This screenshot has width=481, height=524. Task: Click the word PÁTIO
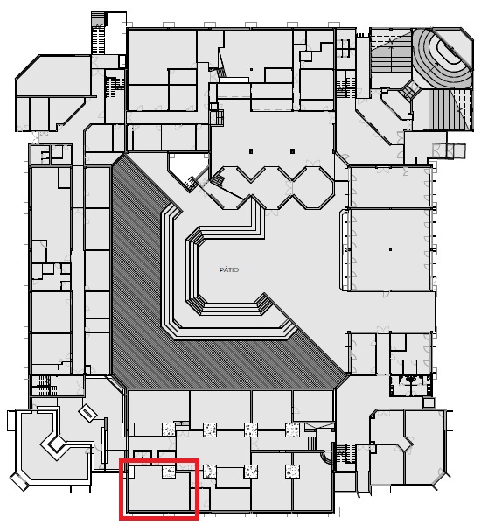(229, 269)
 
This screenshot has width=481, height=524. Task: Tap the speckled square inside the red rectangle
(169, 472)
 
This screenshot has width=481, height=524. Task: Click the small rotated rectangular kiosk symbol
(87, 414)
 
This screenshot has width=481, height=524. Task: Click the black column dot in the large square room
(390, 249)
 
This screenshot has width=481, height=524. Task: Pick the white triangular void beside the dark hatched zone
(185, 167)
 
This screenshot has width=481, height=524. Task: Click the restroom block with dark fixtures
(410, 386)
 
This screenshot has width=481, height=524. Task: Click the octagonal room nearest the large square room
(313, 188)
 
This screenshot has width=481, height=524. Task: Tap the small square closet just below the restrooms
(429, 402)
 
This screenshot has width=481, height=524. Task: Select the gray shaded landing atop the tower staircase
(99, 18)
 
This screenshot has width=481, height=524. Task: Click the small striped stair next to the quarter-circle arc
(311, 444)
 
